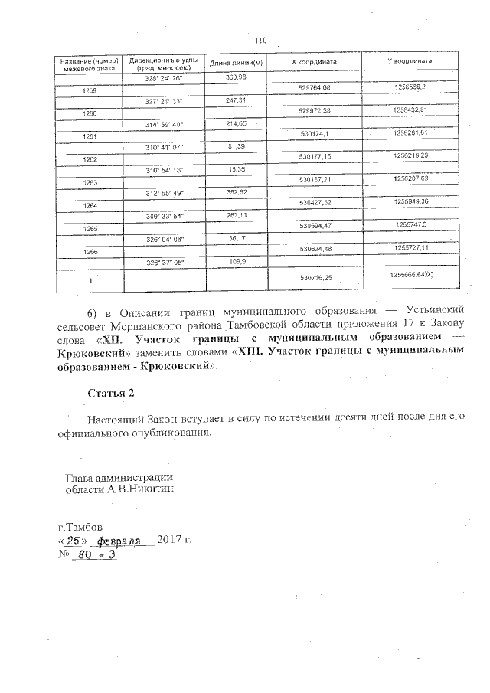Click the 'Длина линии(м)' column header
(x=237, y=63)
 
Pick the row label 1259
(x=89, y=91)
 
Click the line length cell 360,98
(x=236, y=78)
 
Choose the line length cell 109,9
(x=236, y=262)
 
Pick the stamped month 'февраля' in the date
(x=126, y=541)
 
